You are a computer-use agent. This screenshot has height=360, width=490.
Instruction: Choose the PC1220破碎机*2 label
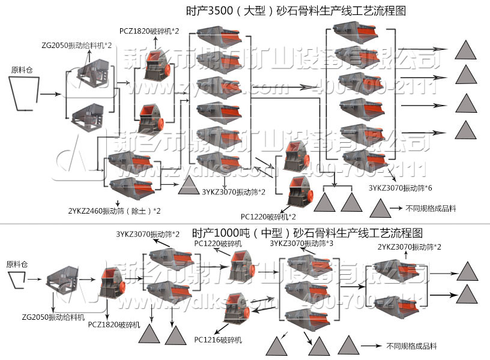tap(268, 217)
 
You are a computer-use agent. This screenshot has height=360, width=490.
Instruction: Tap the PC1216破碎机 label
tap(219, 340)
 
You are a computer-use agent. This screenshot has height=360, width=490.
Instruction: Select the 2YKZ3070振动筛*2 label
tap(410, 247)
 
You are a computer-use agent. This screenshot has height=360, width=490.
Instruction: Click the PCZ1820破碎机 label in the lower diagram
tap(114, 325)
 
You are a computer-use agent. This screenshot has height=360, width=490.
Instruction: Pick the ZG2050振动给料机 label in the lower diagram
tap(53, 316)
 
